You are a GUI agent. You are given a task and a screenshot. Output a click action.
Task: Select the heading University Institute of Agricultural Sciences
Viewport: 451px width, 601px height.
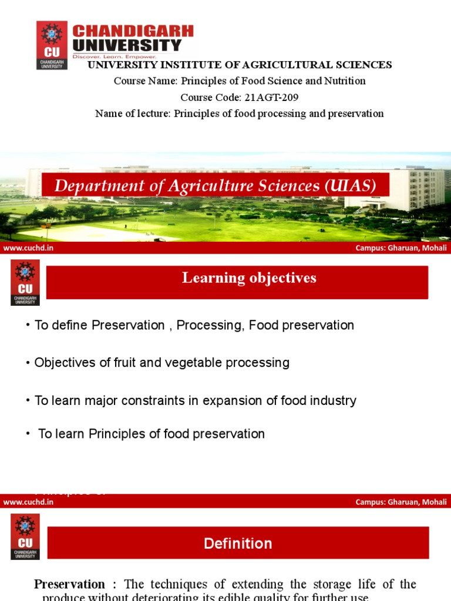(x=240, y=65)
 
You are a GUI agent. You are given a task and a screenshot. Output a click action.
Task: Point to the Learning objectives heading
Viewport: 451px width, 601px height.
(x=249, y=278)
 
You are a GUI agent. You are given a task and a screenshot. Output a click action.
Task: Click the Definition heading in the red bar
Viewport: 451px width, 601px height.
(x=238, y=543)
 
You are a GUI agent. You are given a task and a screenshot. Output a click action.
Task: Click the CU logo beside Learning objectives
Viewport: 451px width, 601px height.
(x=25, y=283)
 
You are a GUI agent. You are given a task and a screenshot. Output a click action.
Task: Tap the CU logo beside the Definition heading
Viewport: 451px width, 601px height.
(x=25, y=536)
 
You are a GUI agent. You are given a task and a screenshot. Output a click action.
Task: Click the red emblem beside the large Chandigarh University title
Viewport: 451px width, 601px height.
(x=52, y=45)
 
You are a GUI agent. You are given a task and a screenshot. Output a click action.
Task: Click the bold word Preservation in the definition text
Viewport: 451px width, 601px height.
(x=69, y=585)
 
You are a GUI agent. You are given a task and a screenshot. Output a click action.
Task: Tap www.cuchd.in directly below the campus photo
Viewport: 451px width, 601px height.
(x=28, y=248)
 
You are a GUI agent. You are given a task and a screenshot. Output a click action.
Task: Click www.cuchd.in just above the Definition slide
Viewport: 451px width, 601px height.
(x=28, y=502)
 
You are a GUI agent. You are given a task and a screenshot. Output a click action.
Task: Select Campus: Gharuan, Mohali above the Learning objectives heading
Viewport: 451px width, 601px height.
(x=401, y=248)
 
